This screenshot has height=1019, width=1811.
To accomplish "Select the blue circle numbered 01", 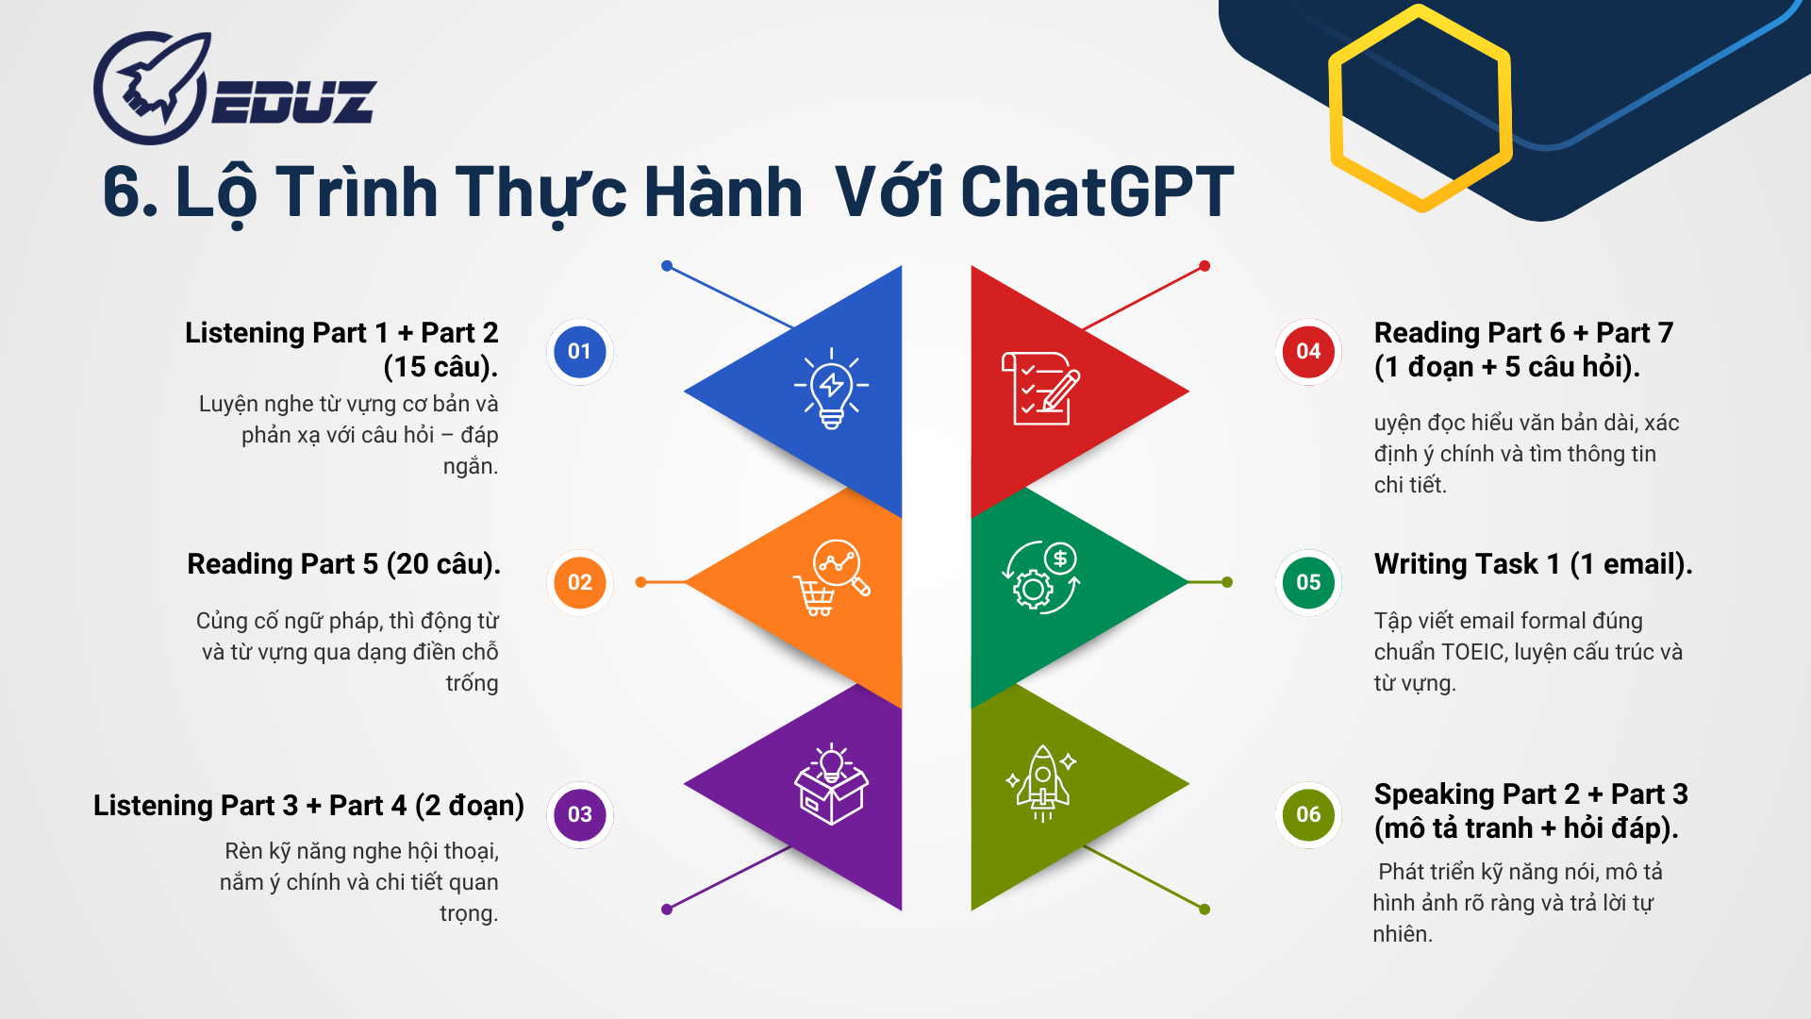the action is click(579, 351).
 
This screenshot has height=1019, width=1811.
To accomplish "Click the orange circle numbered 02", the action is click(579, 582).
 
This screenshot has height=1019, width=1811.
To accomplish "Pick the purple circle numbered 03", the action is click(579, 814).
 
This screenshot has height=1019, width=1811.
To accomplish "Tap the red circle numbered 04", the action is click(1308, 351).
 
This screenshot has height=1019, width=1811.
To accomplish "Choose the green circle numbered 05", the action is click(1308, 582).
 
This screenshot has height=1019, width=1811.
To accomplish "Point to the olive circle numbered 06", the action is click(1308, 814).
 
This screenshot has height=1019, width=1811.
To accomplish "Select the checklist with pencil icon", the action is click(1040, 389).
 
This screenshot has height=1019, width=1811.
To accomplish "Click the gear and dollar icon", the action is click(1040, 577).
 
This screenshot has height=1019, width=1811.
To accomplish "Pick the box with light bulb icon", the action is click(831, 783).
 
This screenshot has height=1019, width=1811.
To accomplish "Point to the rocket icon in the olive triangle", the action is click(1041, 783).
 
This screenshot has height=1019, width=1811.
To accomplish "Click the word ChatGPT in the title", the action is click(1097, 192).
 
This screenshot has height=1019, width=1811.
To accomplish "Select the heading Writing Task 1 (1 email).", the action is click(1533, 564).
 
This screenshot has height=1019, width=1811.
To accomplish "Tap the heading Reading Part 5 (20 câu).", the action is click(343, 564).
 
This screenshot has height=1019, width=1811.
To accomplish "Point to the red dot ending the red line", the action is click(1205, 266).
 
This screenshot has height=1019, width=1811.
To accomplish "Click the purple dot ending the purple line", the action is click(667, 910).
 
